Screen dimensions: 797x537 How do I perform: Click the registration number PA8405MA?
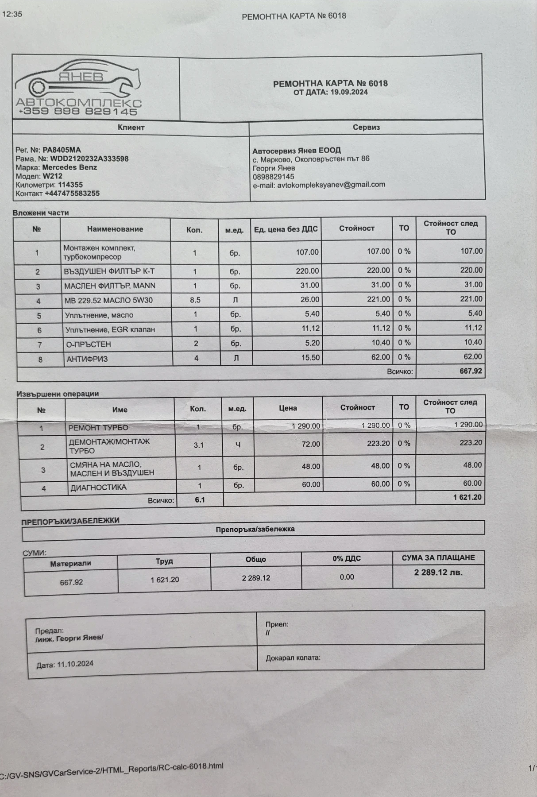pos(62,150)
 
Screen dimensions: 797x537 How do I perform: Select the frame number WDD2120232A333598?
pos(89,159)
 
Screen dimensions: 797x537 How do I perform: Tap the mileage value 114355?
pos(70,185)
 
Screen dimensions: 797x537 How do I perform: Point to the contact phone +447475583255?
pos(72,193)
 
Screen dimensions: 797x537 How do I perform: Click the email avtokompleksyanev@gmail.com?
pos(331,185)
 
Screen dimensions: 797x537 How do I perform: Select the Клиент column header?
pos(131,128)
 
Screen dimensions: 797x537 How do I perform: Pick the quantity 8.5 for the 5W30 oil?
pos(195,300)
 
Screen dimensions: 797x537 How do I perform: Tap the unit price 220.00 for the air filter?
pos(307,271)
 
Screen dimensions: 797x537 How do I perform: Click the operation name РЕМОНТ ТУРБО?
pos(98,428)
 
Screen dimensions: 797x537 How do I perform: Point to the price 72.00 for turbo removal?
pos(310,444)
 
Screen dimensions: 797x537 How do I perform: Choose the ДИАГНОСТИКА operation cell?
pos(98,487)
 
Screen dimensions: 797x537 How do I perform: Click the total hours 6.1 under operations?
pos(200,500)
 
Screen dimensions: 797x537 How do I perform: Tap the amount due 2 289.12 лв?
pos(438,573)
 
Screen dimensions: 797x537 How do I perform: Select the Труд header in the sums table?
pos(164,561)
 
